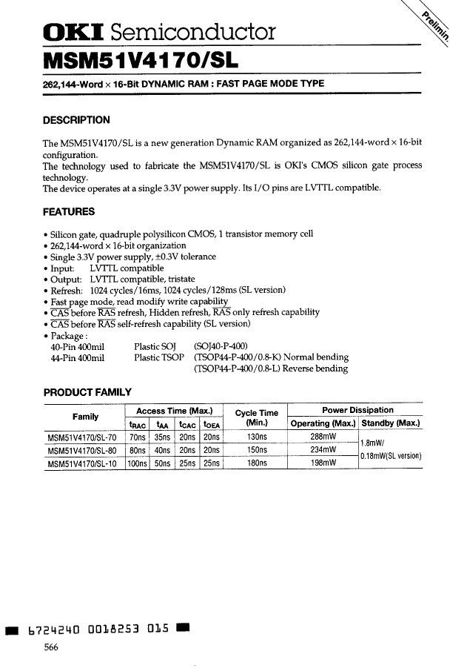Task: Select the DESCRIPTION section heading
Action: (x=77, y=120)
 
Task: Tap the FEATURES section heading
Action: (x=69, y=212)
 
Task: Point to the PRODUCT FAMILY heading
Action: (x=88, y=392)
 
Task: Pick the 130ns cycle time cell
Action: (x=255, y=437)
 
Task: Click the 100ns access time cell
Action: (x=137, y=463)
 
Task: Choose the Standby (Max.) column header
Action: (x=391, y=423)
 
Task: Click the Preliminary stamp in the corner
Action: (x=434, y=30)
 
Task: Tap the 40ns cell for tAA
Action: (x=161, y=450)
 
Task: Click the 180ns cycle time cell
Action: (x=255, y=463)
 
